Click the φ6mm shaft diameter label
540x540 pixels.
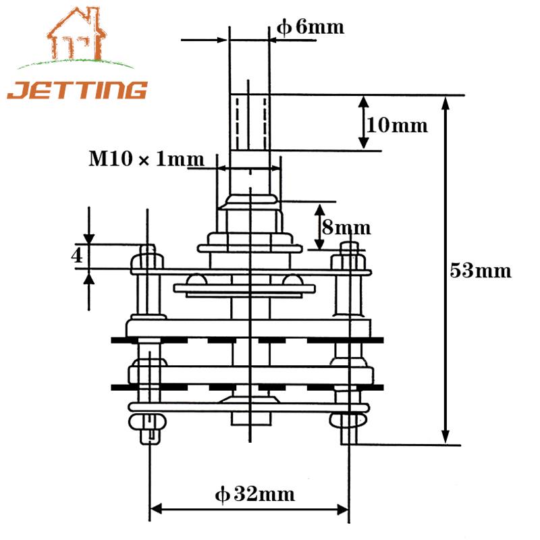[311, 27]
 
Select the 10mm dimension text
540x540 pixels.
[397, 125]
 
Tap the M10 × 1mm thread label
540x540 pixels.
[146, 159]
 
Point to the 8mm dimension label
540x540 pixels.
[346, 227]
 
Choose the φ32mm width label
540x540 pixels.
[255, 495]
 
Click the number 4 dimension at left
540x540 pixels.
[78, 256]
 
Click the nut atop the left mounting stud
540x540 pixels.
[148, 257]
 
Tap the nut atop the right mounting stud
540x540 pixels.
[349, 257]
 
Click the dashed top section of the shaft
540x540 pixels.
[249, 122]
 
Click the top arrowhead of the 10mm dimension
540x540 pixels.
[363, 102]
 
